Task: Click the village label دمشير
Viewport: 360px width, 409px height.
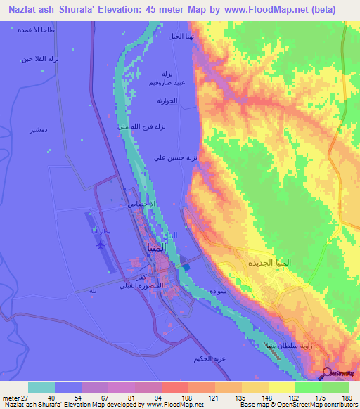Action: tap(38, 131)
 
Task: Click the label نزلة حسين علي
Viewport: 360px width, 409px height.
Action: tap(176, 158)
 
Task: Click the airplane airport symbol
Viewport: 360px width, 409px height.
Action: tap(101, 245)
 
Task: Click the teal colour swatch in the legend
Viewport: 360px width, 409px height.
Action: tap(41, 387)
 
